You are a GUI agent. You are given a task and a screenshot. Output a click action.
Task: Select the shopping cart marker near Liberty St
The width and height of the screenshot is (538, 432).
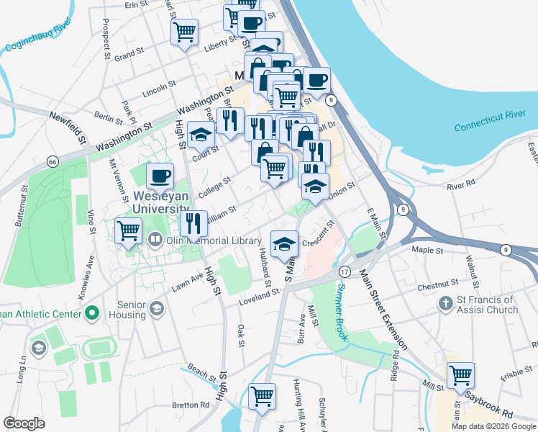pyautogui.click(x=184, y=32)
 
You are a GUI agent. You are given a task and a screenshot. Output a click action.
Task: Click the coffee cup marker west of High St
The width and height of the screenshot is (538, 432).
pyautogui.click(x=160, y=176)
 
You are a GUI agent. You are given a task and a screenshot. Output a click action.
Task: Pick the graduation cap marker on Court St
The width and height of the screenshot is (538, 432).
pyautogui.click(x=201, y=134)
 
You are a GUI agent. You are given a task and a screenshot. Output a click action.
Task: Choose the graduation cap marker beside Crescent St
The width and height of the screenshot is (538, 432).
pyautogui.click(x=284, y=243)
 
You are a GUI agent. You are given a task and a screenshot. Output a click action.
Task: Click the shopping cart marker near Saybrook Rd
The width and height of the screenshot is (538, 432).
pyautogui.click(x=460, y=375)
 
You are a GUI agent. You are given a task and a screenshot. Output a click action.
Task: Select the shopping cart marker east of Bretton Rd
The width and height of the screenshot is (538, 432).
pyautogui.click(x=263, y=396)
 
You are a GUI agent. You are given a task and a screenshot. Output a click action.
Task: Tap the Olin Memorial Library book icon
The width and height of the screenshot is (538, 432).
pyautogui.click(x=154, y=239)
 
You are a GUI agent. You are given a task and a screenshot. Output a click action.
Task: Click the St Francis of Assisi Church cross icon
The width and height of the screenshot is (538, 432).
pyautogui.click(x=446, y=304)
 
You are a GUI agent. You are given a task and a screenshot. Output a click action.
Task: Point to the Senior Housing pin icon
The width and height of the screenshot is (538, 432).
pyautogui.click(x=156, y=310)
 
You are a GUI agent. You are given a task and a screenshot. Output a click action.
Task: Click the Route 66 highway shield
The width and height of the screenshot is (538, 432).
pyautogui.click(x=53, y=162)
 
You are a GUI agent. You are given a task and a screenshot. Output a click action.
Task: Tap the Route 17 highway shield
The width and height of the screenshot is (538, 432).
pyautogui.click(x=345, y=271)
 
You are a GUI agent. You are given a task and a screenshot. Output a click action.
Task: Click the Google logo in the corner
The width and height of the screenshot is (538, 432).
pyautogui.click(x=24, y=423)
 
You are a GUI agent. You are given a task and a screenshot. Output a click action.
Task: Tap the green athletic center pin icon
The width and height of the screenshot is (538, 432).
pyautogui.click(x=91, y=313)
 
